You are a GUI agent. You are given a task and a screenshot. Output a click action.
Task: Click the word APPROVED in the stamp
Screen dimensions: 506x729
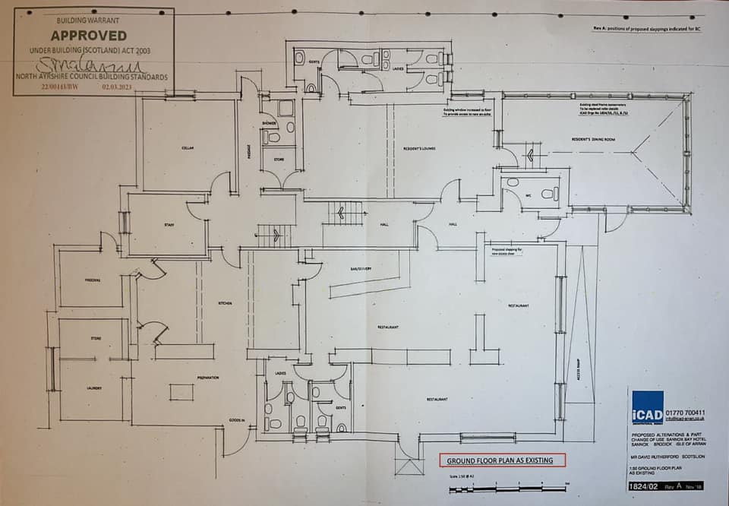point(90,36)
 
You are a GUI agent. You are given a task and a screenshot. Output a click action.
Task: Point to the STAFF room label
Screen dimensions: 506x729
point(169,225)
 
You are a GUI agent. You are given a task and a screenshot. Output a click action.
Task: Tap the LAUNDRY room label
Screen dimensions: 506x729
point(94,388)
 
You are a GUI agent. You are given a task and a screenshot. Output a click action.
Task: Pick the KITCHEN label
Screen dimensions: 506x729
point(225,303)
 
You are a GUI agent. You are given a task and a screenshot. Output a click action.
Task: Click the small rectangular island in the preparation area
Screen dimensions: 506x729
point(181,391)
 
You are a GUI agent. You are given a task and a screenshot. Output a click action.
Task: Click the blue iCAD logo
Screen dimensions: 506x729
point(647,407)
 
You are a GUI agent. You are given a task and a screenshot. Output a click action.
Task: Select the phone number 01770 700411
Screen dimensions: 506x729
point(686,413)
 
